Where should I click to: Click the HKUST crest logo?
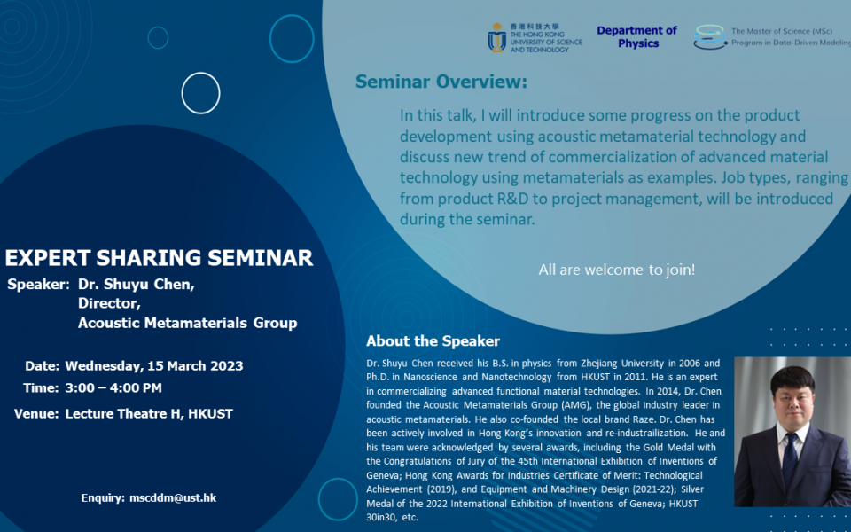tap(497, 37)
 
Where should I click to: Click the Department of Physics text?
tap(636, 36)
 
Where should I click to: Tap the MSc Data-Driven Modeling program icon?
tap(710, 36)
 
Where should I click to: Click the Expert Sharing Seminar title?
tap(159, 258)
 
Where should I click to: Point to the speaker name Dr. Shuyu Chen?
tap(136, 285)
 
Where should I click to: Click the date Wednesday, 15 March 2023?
tap(153, 366)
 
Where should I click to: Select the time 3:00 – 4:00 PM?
tap(113, 388)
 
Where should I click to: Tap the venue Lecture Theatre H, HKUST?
tap(149, 414)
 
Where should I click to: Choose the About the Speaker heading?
tap(433, 341)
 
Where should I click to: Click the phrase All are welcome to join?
tap(617, 270)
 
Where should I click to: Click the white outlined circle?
tap(200, 93)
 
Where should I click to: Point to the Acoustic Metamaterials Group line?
tap(187, 323)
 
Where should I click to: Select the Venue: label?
tap(36, 414)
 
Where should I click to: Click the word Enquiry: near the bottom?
tap(103, 497)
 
